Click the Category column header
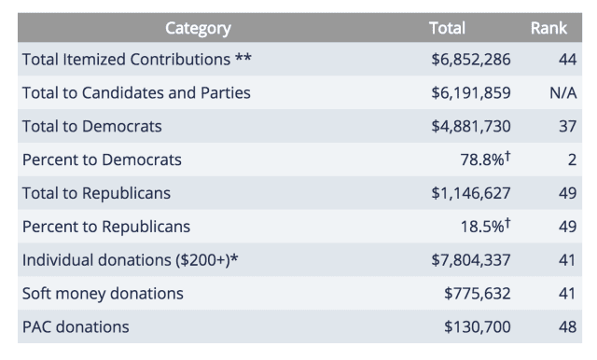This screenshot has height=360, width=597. coord(198,28)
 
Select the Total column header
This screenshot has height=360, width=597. coord(447,28)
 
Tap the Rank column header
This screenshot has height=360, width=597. coord(548,28)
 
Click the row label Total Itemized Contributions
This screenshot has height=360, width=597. coord(136,60)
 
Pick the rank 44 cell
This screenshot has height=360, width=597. coord(567,60)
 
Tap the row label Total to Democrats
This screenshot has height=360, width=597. coord(92,127)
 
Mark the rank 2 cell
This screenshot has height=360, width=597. coord(572,160)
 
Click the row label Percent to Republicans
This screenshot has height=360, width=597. coord(105,227)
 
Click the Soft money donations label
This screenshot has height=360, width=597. coord(103,294)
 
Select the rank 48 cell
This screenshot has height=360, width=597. coord(567,327)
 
